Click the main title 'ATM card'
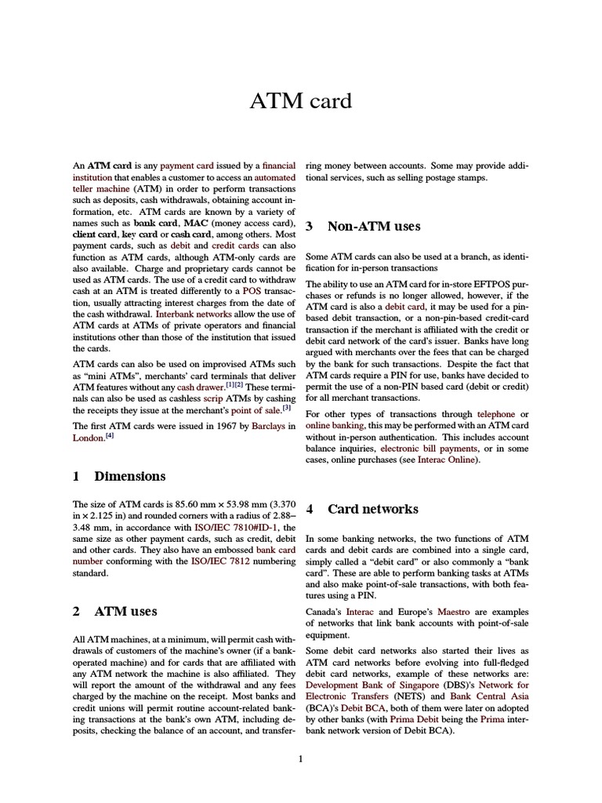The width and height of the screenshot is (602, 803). tap(301, 102)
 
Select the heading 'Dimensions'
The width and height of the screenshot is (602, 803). tap(129, 476)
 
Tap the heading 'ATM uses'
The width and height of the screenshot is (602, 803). tap(125, 611)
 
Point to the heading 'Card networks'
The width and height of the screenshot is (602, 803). tap(372, 509)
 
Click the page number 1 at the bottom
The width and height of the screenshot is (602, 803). tap(301, 758)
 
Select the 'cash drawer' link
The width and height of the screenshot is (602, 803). tap(200, 387)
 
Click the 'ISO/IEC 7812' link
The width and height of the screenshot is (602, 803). tap(220, 561)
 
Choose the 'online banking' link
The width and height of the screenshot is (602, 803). tap(340, 425)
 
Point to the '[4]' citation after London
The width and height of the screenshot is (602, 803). tap(111, 437)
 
